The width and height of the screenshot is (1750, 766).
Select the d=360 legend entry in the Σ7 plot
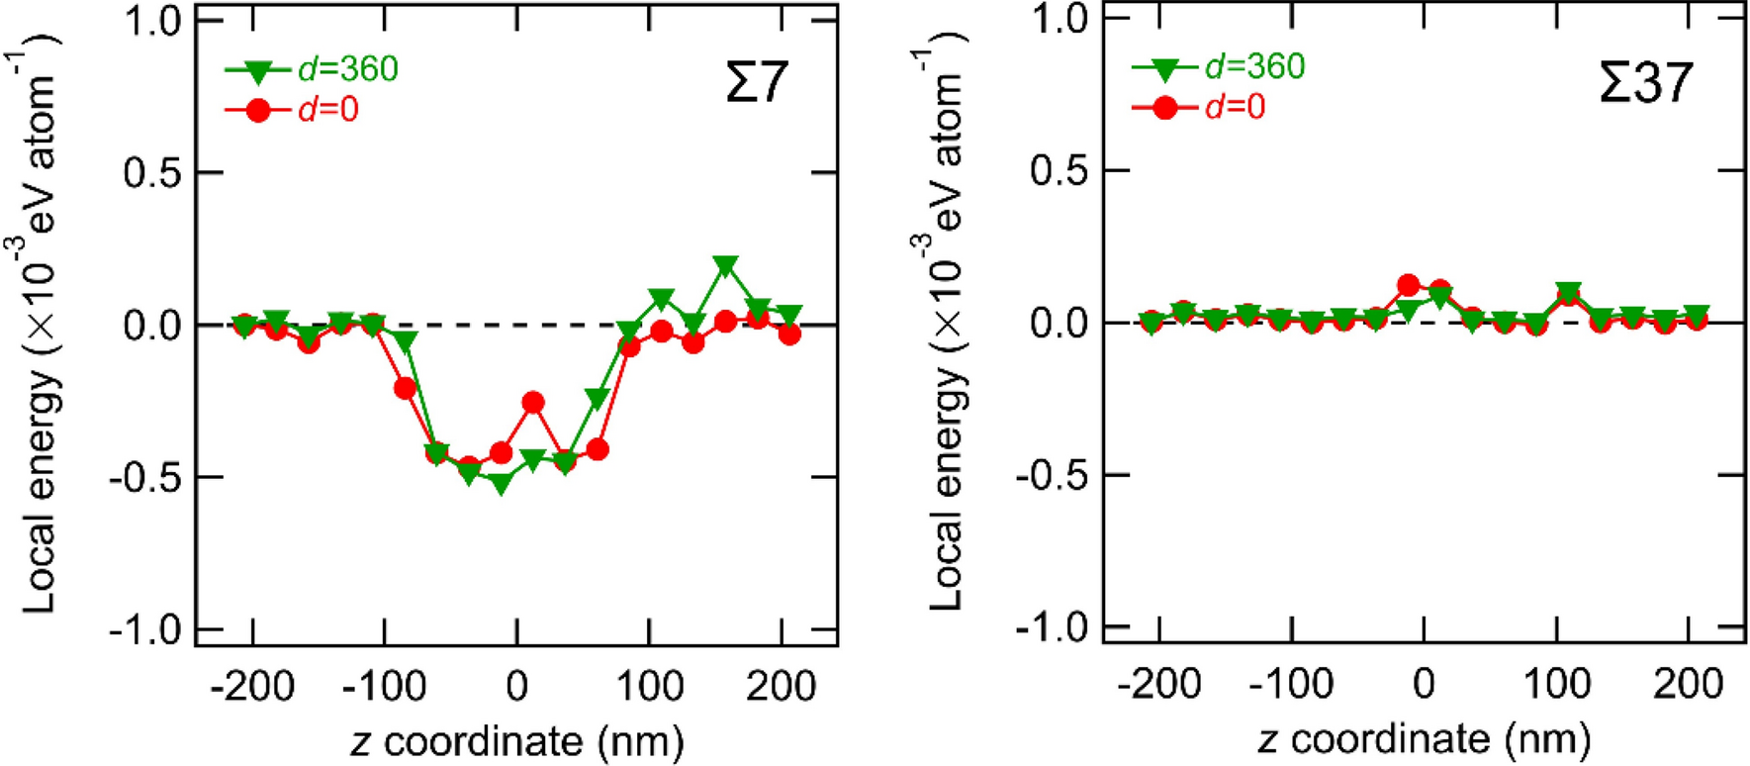point(313,69)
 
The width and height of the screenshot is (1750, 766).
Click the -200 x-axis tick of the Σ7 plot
point(252,686)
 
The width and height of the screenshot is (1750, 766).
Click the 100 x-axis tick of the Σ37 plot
point(1557,684)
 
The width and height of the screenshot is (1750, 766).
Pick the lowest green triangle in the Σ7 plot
point(502,485)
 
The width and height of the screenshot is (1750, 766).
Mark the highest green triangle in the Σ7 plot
point(726,266)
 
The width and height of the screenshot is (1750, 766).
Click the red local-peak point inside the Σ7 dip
point(533,402)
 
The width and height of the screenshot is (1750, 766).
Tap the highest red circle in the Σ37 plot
point(1409,286)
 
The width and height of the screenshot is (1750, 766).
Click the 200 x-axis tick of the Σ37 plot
point(1688,684)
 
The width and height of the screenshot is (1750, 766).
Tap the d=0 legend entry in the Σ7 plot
point(293,110)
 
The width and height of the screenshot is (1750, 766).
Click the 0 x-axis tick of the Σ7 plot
point(516,686)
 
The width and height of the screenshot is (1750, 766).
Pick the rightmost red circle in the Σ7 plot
point(789,335)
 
